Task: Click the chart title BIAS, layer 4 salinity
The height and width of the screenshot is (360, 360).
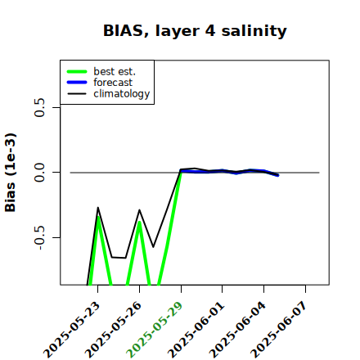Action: click(x=195, y=31)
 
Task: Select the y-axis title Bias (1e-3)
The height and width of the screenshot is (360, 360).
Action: click(x=11, y=173)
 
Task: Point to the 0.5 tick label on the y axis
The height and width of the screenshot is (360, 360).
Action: click(x=40, y=107)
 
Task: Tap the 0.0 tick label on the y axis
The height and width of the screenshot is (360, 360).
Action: click(x=40, y=173)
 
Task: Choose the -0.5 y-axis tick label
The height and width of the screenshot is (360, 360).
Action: click(x=40, y=237)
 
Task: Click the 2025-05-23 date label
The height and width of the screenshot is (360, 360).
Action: click(x=72, y=330)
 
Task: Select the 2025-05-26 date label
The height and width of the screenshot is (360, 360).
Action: click(x=113, y=330)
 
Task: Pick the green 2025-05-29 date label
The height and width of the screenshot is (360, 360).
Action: click(x=155, y=330)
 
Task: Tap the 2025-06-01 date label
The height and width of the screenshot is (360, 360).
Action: click(x=196, y=330)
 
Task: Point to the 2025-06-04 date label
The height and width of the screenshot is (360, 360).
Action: click(x=237, y=330)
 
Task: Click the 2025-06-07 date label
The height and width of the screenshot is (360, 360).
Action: click(x=279, y=330)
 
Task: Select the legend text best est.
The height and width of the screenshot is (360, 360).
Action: click(x=115, y=71)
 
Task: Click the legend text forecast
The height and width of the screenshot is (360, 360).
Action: click(x=113, y=83)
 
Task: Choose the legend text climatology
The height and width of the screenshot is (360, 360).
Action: click(x=122, y=94)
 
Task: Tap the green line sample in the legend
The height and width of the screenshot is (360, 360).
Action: click(x=77, y=71)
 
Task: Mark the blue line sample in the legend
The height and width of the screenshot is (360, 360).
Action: click(x=77, y=83)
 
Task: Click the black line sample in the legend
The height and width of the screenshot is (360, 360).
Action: click(x=77, y=93)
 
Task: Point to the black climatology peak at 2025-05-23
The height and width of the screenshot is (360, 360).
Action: click(x=98, y=208)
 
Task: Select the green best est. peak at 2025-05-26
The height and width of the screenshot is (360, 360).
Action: click(x=139, y=222)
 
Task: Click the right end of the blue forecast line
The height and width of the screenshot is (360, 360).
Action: click(x=277, y=175)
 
